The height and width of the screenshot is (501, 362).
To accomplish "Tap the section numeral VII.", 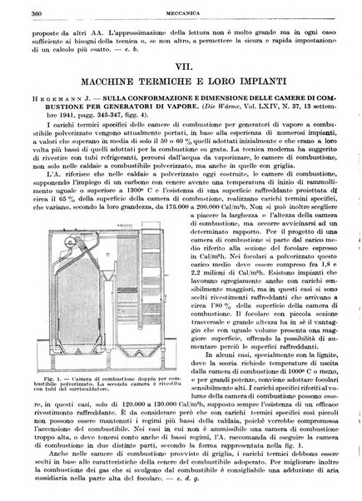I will click(186, 65).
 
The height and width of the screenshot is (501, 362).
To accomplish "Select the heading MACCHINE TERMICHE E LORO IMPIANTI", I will click(186, 81).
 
